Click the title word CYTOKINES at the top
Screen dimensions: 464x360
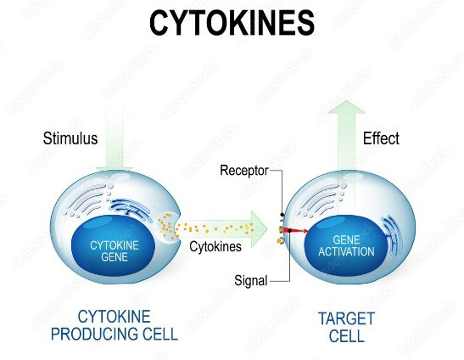point(232,23)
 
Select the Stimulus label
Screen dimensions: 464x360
point(70,138)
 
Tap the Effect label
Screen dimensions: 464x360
point(381,138)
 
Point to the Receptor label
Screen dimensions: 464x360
point(244,171)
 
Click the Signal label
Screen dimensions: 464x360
point(251,280)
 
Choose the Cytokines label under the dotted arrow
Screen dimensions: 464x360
point(215,246)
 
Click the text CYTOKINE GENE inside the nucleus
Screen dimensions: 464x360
point(115,251)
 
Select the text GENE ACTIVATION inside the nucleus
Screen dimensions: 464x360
point(346,245)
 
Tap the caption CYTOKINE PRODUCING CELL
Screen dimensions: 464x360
point(115,325)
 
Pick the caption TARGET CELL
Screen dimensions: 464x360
point(347,328)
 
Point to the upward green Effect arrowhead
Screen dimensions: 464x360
point(347,107)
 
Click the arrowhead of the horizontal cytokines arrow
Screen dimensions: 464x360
point(260,229)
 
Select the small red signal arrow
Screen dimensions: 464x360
point(296,230)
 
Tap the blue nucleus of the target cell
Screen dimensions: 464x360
point(346,245)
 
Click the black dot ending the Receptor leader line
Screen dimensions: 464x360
point(282,215)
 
